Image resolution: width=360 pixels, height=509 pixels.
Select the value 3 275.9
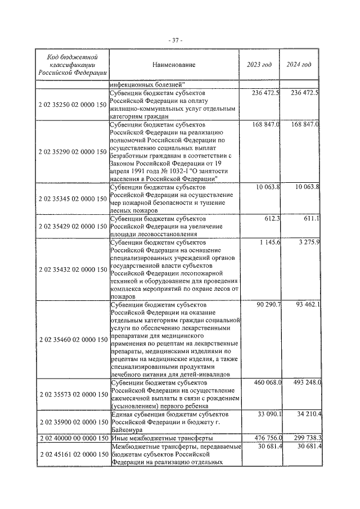click(x=307, y=242)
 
